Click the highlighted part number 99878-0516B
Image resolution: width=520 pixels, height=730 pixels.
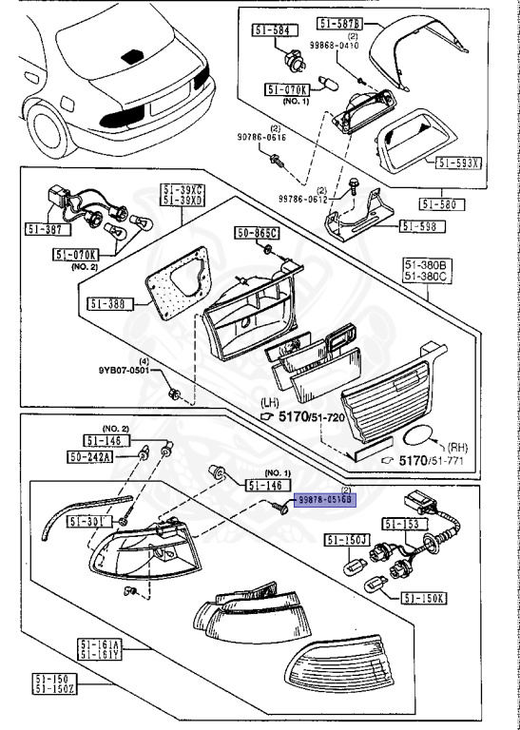click(324, 499)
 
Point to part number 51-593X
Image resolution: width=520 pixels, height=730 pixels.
click(458, 163)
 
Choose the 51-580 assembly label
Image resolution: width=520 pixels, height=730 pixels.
click(439, 203)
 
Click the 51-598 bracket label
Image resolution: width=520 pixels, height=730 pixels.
click(419, 226)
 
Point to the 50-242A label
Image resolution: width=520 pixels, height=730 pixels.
click(90, 457)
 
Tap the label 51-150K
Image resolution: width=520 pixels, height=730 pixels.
click(424, 598)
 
